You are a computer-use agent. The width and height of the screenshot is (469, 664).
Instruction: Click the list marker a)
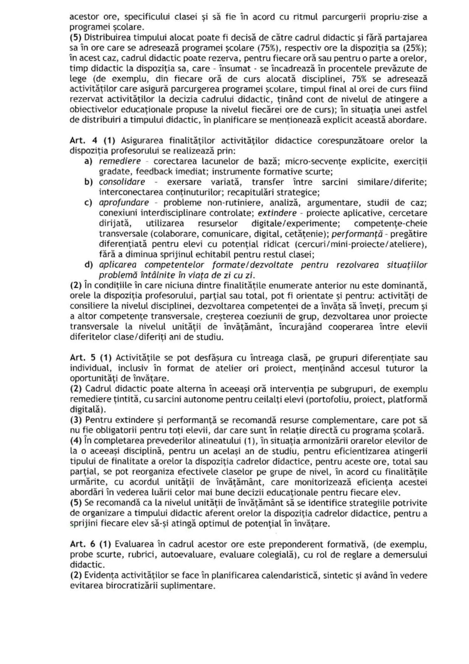(88, 161)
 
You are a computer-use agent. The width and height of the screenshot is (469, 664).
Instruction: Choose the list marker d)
(88, 265)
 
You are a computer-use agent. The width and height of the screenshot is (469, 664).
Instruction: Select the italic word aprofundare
(124, 203)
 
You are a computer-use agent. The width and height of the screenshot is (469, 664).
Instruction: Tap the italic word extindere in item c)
(277, 213)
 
